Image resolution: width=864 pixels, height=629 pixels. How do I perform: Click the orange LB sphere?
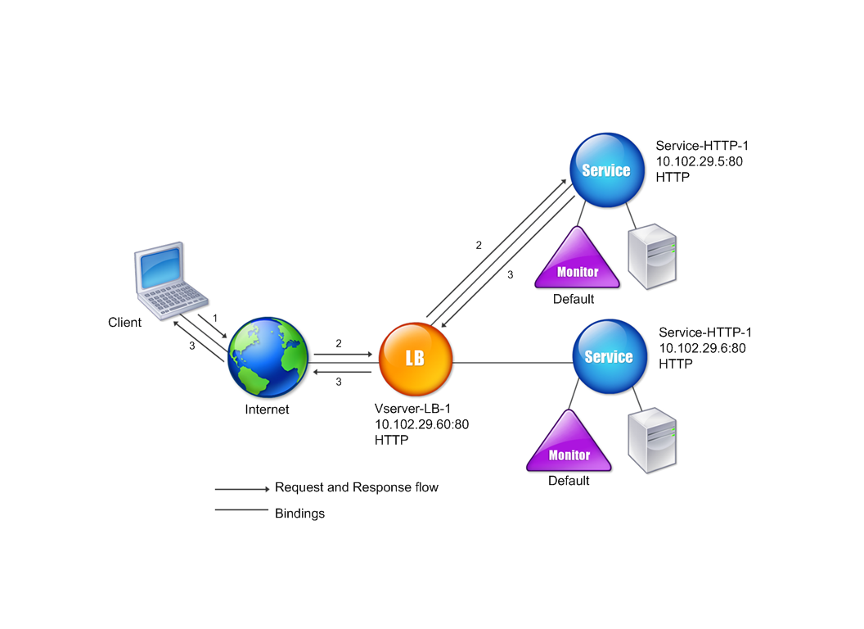pyautogui.click(x=415, y=359)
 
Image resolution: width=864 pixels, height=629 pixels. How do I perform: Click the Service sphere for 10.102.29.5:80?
pyautogui.click(x=605, y=170)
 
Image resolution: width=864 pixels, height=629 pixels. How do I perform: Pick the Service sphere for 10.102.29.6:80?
pyautogui.click(x=609, y=356)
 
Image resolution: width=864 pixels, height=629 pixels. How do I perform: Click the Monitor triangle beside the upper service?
pyautogui.click(x=577, y=261)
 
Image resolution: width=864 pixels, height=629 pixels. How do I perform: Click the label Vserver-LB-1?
pyautogui.click(x=412, y=409)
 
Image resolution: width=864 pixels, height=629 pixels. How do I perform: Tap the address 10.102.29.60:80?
pyautogui.click(x=421, y=424)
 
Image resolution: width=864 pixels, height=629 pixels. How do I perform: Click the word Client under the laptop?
pyautogui.click(x=124, y=323)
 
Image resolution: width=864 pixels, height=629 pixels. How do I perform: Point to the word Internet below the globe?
pyautogui.click(x=267, y=410)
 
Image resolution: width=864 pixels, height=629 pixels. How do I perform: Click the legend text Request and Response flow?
pyautogui.click(x=356, y=487)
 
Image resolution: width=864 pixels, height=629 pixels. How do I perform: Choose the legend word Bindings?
pyautogui.click(x=299, y=514)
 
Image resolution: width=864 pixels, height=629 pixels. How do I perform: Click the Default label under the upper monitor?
pyautogui.click(x=574, y=300)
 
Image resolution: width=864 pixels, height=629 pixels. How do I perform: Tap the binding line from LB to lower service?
pyautogui.click(x=511, y=359)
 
